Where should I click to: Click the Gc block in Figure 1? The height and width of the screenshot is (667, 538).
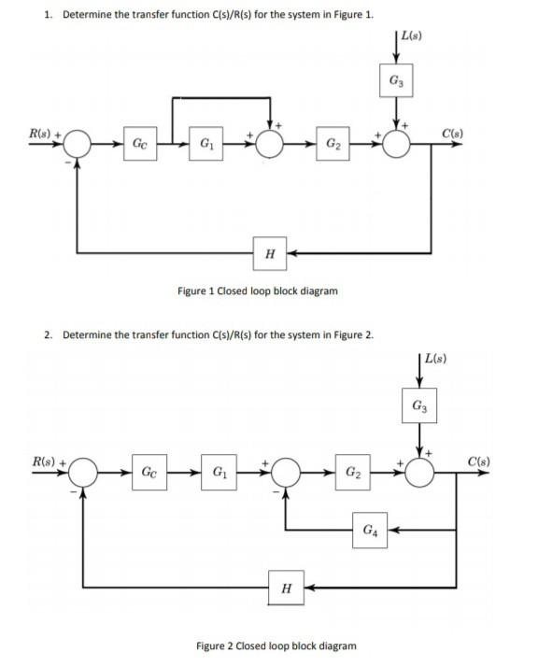click(138, 145)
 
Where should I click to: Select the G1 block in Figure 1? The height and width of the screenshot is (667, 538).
click(205, 145)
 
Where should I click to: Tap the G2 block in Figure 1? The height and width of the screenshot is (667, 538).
click(333, 145)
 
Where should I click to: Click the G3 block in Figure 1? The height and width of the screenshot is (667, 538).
click(398, 81)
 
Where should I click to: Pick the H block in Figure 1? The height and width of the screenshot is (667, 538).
click(269, 252)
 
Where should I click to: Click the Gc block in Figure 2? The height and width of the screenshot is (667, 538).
click(149, 472)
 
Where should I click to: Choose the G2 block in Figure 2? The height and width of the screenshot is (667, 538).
click(353, 472)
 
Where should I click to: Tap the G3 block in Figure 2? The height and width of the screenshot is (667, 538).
click(419, 406)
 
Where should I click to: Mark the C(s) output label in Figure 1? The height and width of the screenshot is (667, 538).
click(458, 132)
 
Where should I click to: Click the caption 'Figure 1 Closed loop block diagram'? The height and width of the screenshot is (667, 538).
click(257, 291)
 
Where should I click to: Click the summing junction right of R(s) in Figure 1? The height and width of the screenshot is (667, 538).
click(77, 145)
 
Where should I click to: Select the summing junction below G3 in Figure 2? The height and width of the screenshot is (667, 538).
click(419, 472)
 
